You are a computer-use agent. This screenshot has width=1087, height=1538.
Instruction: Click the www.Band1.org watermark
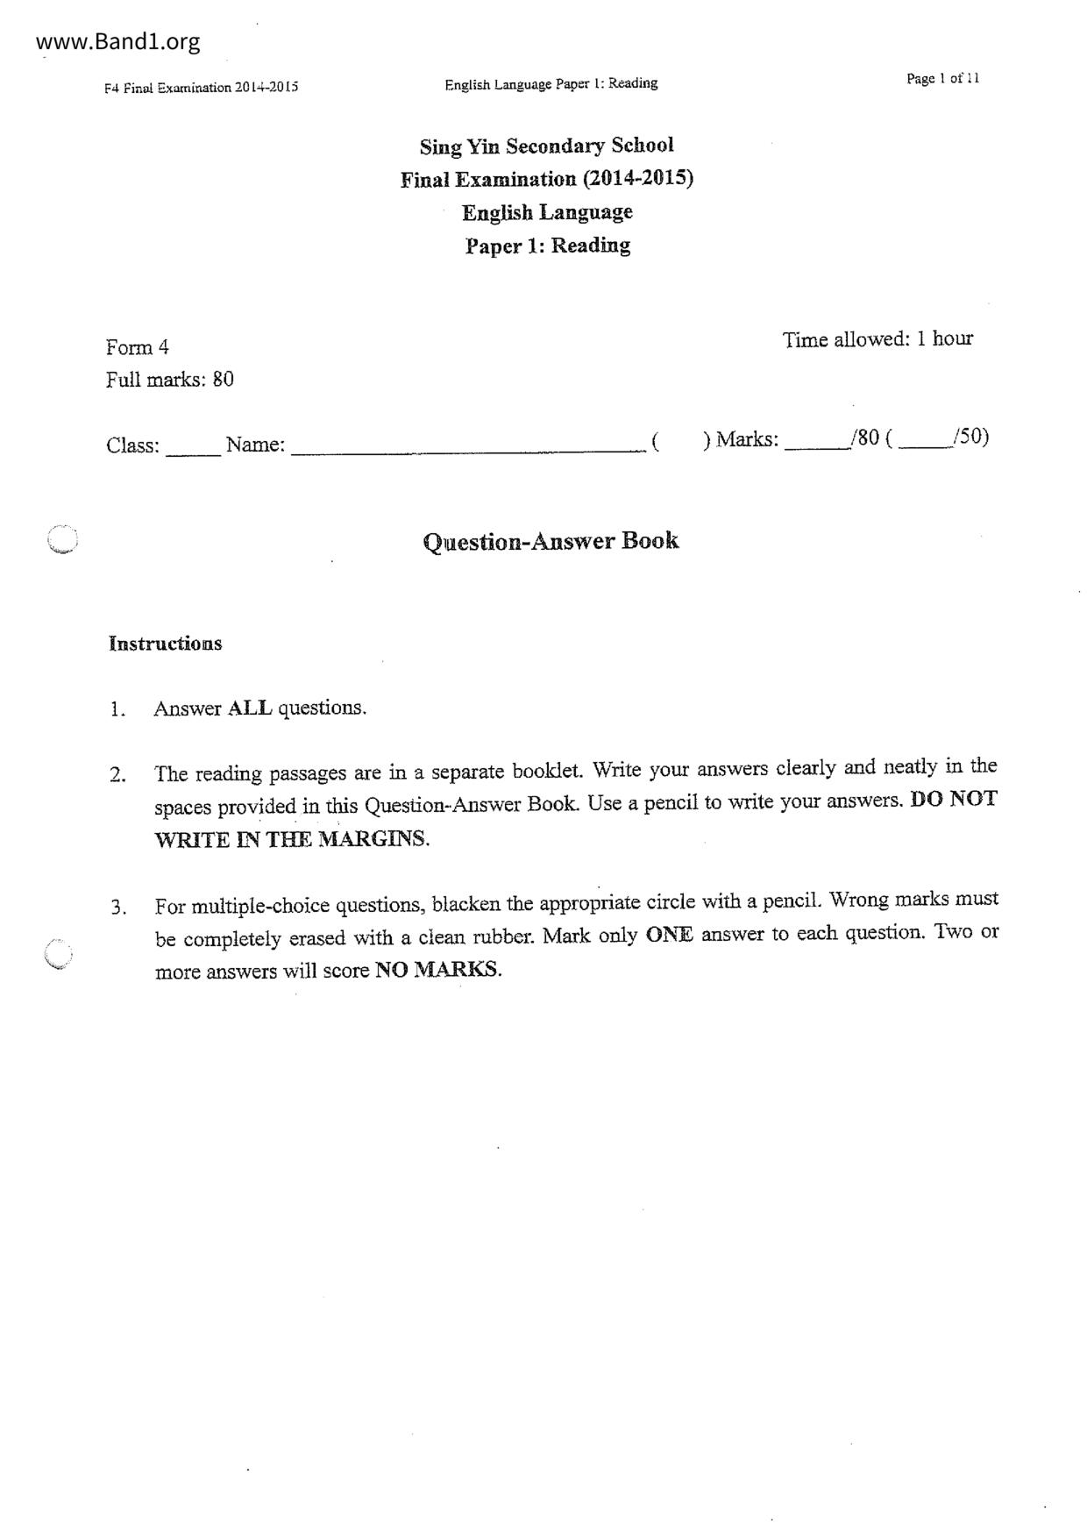point(119,41)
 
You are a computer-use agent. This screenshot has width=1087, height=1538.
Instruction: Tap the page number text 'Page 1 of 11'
point(942,79)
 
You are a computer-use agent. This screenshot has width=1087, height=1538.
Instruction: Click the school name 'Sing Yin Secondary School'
point(546,146)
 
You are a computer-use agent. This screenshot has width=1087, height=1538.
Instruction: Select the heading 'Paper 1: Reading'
point(547,246)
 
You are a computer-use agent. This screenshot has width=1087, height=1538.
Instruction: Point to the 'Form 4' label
point(137,347)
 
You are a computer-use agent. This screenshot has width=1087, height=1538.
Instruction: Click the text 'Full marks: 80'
point(169,380)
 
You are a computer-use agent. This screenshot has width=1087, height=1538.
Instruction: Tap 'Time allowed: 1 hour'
point(877,339)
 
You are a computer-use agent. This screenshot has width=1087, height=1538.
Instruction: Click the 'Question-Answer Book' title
point(551,541)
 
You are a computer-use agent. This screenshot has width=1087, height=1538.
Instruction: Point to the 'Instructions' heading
point(165,644)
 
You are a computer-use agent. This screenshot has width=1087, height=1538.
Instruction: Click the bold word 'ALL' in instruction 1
point(250,708)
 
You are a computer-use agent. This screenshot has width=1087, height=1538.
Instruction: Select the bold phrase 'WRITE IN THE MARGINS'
point(291,839)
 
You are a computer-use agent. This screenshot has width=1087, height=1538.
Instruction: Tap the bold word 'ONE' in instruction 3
point(669,935)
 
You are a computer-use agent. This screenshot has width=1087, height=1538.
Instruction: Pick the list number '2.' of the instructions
point(118,775)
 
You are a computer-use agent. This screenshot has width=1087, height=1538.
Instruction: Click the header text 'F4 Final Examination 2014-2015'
point(201,88)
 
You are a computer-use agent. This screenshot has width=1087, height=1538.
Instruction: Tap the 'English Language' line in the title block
point(547,212)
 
